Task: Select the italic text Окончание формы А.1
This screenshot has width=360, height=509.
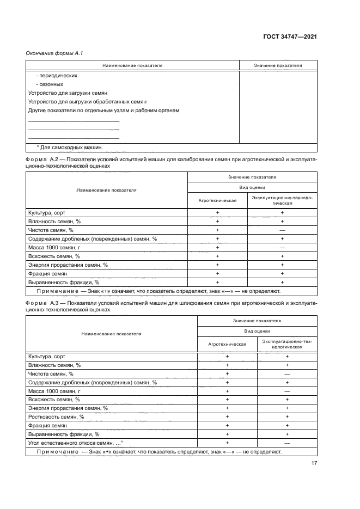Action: [54, 52]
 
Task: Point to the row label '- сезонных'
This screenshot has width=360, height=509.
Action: [50, 84]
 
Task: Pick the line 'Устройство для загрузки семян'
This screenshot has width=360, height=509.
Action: [68, 93]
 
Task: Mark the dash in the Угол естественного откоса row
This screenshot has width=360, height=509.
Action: [286, 443]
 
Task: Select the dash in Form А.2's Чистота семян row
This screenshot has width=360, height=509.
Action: [282, 230]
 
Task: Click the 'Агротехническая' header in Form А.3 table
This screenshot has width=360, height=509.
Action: [227, 344]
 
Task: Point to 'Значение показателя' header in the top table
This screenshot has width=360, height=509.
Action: [278, 65]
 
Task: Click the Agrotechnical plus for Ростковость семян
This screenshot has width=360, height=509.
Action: [227, 416]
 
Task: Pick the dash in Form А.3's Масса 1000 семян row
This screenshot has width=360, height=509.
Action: [286, 390]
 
